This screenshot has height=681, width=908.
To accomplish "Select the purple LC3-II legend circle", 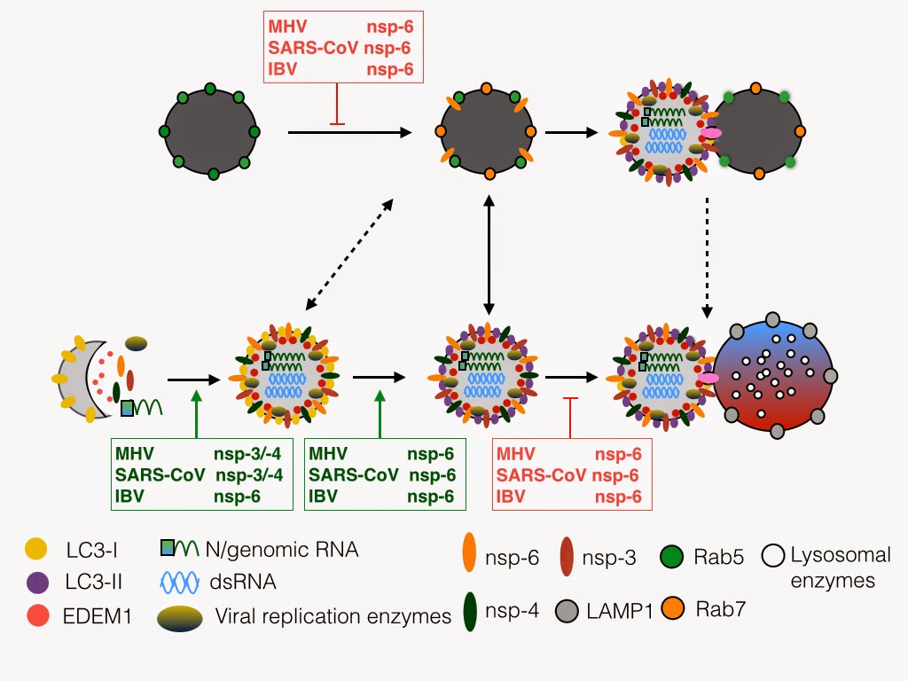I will [34, 582].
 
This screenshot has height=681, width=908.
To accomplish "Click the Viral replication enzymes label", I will [333, 615].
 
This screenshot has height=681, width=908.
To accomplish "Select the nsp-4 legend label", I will [511, 610].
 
